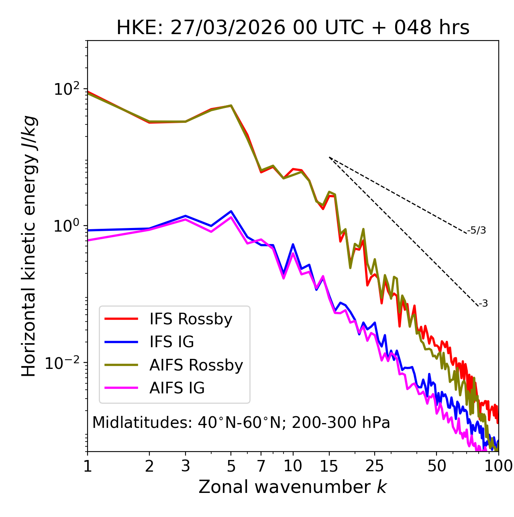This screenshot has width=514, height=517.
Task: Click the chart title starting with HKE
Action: (x=293, y=28)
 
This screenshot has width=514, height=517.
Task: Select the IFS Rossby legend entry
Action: (x=191, y=319)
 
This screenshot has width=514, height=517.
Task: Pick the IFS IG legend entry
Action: (x=171, y=342)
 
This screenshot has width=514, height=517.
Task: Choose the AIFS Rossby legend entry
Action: (x=196, y=365)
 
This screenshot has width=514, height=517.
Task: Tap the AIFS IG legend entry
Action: (x=177, y=388)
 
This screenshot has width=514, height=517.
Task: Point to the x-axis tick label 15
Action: (x=329, y=466)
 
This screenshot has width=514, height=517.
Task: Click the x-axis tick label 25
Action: (x=375, y=466)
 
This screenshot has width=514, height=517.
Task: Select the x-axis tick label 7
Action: (x=261, y=466)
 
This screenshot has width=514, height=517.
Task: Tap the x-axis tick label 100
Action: (x=498, y=466)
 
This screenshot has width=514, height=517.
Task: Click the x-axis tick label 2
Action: (x=149, y=466)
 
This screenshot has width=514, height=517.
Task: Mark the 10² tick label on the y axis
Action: (x=67, y=89)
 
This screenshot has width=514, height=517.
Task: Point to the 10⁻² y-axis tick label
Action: (x=64, y=362)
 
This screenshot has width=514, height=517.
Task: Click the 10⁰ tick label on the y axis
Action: (x=67, y=226)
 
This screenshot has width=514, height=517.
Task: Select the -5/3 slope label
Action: (x=477, y=230)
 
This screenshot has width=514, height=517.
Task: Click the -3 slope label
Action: (x=483, y=303)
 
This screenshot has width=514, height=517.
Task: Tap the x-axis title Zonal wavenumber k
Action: (x=293, y=487)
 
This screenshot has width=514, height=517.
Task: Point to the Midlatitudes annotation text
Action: (x=241, y=423)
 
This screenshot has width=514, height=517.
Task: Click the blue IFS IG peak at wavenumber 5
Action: (x=231, y=211)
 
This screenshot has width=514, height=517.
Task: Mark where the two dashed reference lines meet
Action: (x=329, y=157)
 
